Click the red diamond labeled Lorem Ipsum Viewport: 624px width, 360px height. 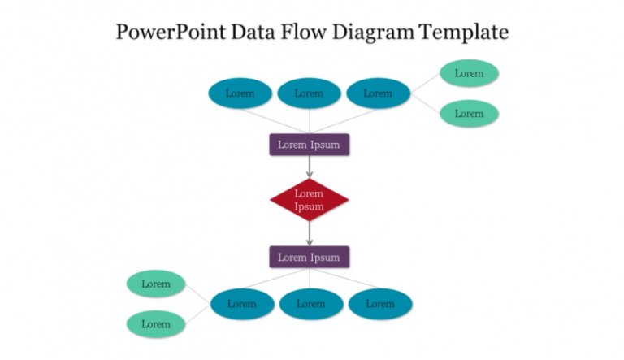[x=309, y=200]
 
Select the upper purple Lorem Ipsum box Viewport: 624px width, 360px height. [x=309, y=145]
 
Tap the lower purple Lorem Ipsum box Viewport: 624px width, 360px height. [x=309, y=257]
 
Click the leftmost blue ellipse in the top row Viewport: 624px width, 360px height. [x=240, y=93]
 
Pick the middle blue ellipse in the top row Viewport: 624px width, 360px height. [x=309, y=93]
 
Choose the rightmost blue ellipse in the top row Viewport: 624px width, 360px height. [x=378, y=93]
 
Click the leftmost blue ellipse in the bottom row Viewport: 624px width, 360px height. [x=241, y=304]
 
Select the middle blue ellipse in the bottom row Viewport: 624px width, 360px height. [x=310, y=304]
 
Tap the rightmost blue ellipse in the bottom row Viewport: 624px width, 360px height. [x=379, y=304]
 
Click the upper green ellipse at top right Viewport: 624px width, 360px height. [x=469, y=73]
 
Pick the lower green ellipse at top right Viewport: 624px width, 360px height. [x=469, y=114]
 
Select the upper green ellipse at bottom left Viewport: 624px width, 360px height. [x=156, y=284]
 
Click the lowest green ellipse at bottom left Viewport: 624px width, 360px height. [x=156, y=324]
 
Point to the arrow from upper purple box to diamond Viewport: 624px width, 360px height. [x=310, y=167]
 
